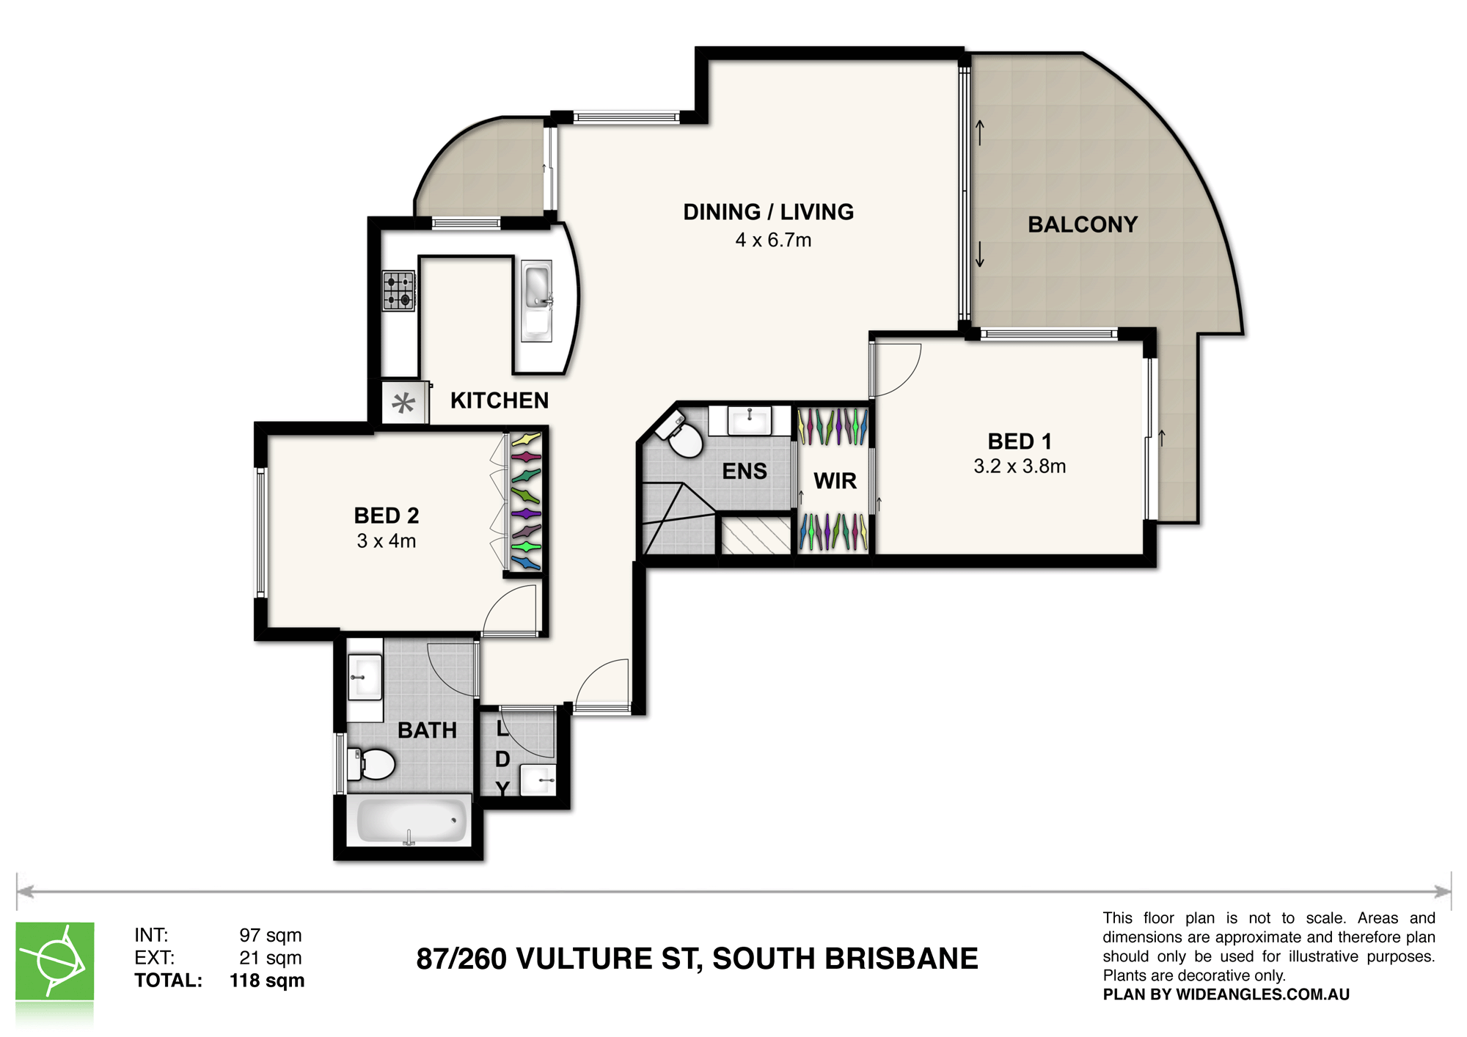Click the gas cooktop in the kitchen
[399, 290]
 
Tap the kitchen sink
[537, 301]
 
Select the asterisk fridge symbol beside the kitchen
[403, 403]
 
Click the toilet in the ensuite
[680, 435]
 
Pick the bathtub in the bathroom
[411, 821]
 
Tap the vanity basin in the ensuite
[749, 420]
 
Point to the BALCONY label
[1083, 224]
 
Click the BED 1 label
[1020, 441]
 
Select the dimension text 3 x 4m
[387, 541]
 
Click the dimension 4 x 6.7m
[773, 240]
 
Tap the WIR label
[835, 481]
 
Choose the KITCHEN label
[500, 400]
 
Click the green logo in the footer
[55, 961]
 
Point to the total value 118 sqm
[267, 981]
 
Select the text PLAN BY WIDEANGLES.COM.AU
[1226, 994]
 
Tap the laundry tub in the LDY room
[538, 780]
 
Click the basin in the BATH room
[365, 678]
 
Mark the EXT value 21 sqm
[271, 958]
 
